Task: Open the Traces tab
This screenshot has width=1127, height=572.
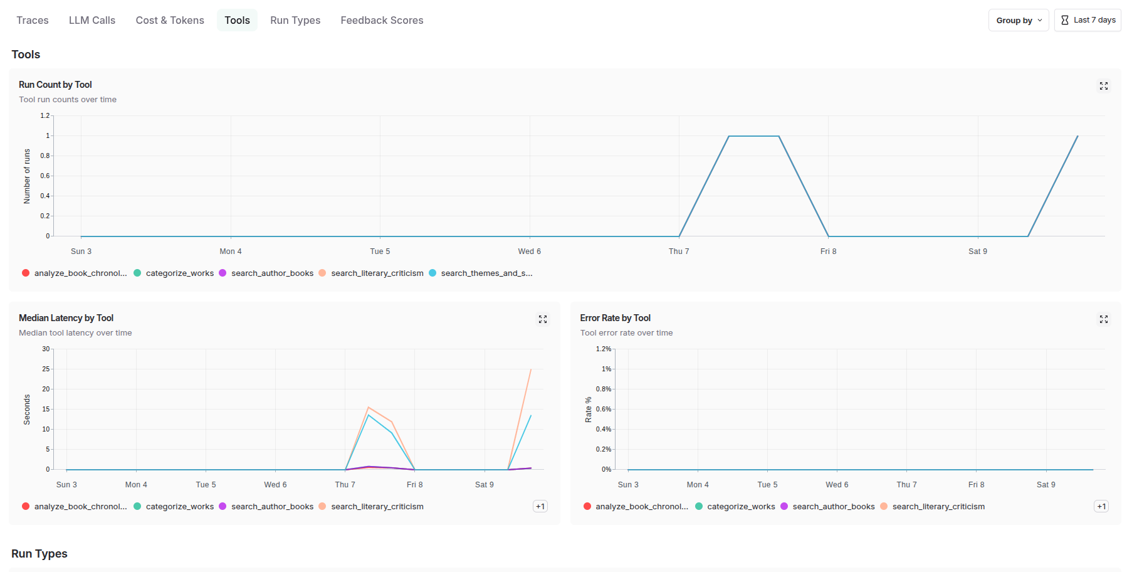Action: pos(33,20)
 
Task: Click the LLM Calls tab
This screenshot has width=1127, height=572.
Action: pos(92,20)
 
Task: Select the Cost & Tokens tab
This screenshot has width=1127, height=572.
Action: pos(170,20)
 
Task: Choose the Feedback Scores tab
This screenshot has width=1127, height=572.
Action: pos(382,20)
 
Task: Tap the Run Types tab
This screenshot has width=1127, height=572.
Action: pos(295,20)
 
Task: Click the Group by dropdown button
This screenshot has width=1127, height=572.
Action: pos(1019,20)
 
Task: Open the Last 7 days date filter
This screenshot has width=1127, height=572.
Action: pos(1088,20)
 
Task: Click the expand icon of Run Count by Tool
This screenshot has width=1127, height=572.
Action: pos(1104,86)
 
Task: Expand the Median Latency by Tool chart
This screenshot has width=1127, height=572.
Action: pos(543,319)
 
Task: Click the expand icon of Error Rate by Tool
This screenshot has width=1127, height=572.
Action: pos(1104,319)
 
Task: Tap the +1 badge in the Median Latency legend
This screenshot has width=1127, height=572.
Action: pos(540,506)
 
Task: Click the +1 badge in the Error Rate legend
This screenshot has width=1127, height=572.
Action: pos(1101,506)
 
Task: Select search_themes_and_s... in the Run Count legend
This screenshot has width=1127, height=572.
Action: pos(486,273)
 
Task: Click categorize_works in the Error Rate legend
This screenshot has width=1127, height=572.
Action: pos(740,507)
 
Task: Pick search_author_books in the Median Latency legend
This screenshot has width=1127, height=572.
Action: pos(271,507)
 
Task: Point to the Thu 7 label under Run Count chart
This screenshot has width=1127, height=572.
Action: pos(679,252)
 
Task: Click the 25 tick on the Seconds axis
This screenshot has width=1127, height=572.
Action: pos(46,369)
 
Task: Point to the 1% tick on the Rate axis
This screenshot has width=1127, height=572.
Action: pos(606,369)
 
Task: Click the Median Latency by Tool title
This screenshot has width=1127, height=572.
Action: pos(66,318)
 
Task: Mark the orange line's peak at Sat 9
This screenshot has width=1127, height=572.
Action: pos(531,369)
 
